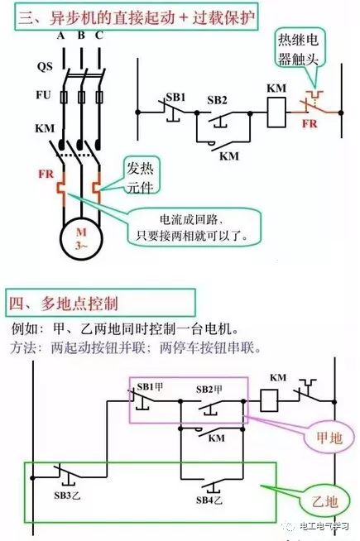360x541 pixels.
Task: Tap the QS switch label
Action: pos(45,66)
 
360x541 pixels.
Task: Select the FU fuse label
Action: pos(44,94)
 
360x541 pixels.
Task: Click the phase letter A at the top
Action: pos(61,36)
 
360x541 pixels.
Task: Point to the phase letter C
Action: pos(99,36)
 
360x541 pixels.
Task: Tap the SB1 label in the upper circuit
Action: pos(175,98)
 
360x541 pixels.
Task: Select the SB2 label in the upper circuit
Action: pos(217,100)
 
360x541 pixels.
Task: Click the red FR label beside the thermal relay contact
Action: pos(310,124)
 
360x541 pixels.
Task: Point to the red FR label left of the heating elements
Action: pos(46,174)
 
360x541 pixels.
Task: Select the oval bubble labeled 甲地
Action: pos(329,438)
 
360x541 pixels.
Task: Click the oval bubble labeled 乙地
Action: pos(324,501)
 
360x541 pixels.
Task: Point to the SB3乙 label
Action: pos(67,496)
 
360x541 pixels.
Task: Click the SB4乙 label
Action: pos(209,500)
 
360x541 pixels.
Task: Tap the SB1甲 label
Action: pos(150,387)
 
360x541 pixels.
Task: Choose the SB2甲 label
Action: pos(209,390)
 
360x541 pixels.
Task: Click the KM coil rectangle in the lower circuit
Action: pos(269,400)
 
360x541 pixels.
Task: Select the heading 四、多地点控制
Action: pos(64,304)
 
